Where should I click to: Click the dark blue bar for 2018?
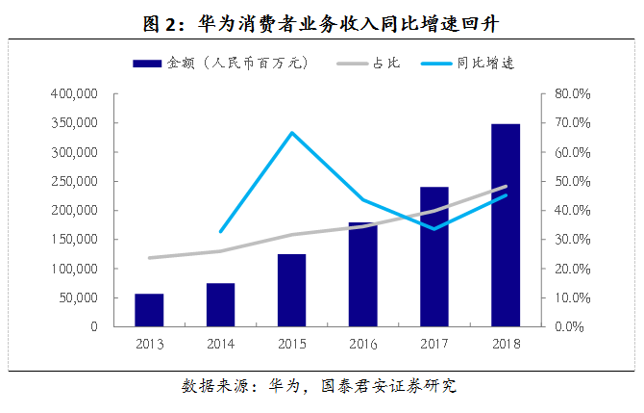click(506, 225)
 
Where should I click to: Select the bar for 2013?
click(149, 310)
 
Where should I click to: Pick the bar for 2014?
click(220, 304)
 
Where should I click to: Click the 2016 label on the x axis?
click(362, 344)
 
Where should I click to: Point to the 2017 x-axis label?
click(433, 344)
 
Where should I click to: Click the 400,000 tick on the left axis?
click(73, 94)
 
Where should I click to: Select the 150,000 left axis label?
click(73, 240)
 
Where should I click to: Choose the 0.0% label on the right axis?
click(568, 326)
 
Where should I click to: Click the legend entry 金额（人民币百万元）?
click(221, 64)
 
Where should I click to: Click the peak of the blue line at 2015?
click(291, 132)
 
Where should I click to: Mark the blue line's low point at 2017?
click(433, 229)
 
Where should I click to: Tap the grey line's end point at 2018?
click(506, 187)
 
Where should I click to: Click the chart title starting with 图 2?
click(321, 20)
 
